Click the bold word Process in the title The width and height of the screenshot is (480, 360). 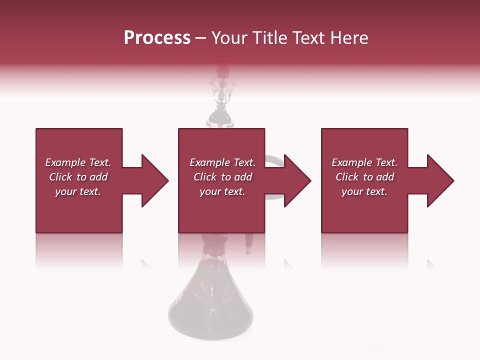[157, 38]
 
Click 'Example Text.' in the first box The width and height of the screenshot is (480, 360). [78, 162]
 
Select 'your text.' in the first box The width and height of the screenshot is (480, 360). [78, 191]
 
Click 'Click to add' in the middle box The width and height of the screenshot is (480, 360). [222, 177]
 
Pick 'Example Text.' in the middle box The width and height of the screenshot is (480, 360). [222, 162]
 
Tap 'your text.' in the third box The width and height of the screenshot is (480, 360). [364, 191]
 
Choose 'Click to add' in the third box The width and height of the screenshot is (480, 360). [364, 177]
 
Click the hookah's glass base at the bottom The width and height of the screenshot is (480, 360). [210, 310]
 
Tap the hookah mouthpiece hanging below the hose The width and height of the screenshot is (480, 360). [248, 245]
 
